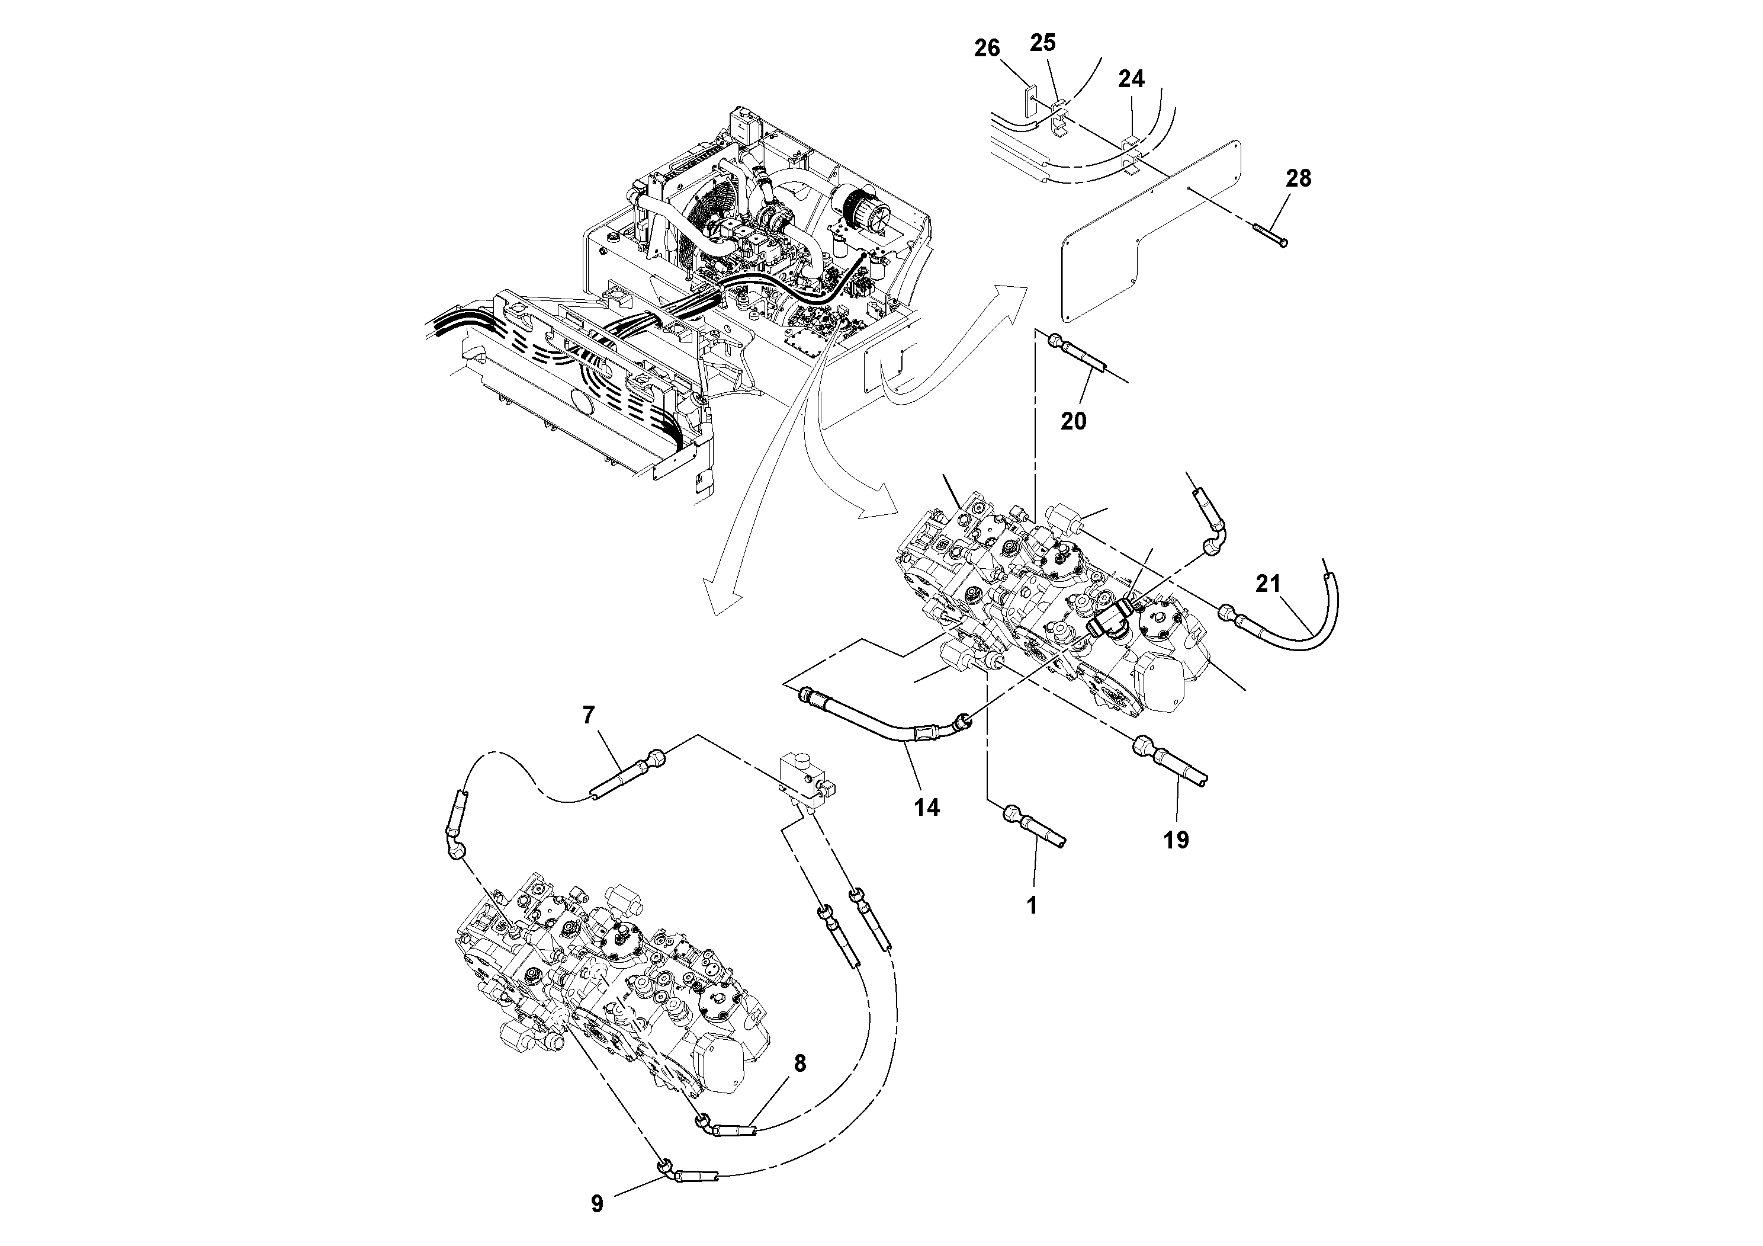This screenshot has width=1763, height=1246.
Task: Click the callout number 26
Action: pyautogui.click(x=987, y=49)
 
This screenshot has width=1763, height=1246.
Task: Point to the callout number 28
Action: pyautogui.click(x=1299, y=178)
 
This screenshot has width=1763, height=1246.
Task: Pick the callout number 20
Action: pyautogui.click(x=1074, y=420)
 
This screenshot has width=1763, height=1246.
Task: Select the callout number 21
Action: pyautogui.click(x=1268, y=585)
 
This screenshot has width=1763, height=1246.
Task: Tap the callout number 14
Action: pyautogui.click(x=927, y=806)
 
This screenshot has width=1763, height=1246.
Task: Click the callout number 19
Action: pyautogui.click(x=1176, y=840)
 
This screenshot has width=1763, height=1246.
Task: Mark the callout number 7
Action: pyautogui.click(x=588, y=715)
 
